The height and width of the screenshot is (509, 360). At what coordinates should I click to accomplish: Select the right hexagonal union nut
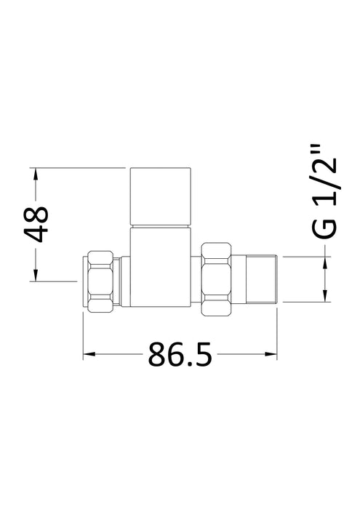[217, 279]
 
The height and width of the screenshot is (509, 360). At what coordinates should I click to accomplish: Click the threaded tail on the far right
[261, 279]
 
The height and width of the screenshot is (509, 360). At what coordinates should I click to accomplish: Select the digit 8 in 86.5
[155, 356]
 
